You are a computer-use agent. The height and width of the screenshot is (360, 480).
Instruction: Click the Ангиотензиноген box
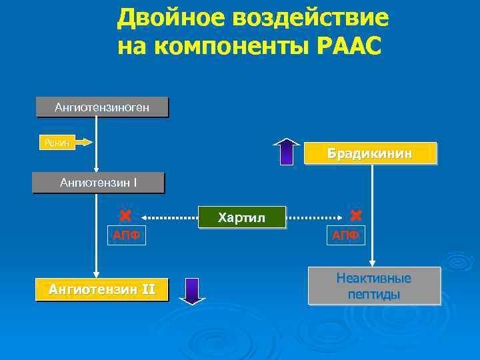click(x=102, y=107)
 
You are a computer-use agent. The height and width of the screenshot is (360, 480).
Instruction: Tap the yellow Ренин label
click(x=57, y=142)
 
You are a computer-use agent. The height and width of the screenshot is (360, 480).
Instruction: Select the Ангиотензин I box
click(x=98, y=183)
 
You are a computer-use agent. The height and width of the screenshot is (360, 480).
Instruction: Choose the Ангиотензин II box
click(x=101, y=290)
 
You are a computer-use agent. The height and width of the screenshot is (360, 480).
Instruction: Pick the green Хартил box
click(x=241, y=217)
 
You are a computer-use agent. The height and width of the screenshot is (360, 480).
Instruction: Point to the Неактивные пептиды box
click(x=373, y=286)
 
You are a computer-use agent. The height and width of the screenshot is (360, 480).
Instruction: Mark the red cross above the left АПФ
click(x=124, y=216)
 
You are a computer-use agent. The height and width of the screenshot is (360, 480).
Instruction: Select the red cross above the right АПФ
click(x=355, y=215)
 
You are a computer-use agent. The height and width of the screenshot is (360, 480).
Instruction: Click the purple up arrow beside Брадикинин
click(x=287, y=151)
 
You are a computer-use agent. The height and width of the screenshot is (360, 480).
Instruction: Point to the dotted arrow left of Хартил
click(x=169, y=217)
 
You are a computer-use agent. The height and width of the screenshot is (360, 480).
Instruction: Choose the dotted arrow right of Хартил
click(x=314, y=217)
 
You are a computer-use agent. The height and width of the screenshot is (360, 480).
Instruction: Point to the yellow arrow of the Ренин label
click(x=83, y=142)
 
